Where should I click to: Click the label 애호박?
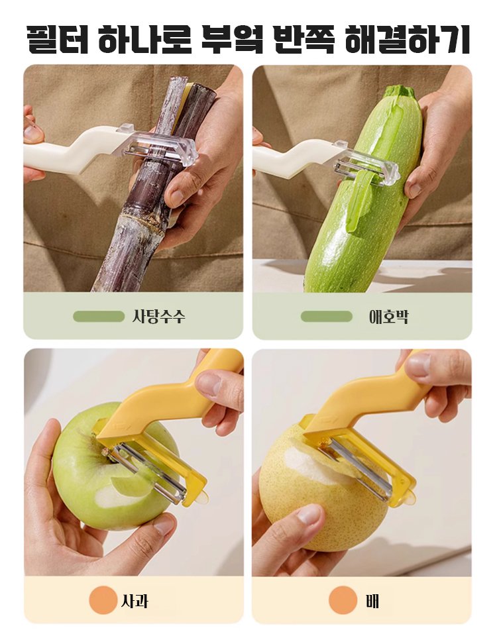[388, 316]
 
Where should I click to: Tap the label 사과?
[135, 600]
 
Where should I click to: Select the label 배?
[372, 600]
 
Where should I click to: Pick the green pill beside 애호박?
[326, 316]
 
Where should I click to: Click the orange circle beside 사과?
[103, 600]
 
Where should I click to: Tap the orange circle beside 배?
[343, 600]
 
